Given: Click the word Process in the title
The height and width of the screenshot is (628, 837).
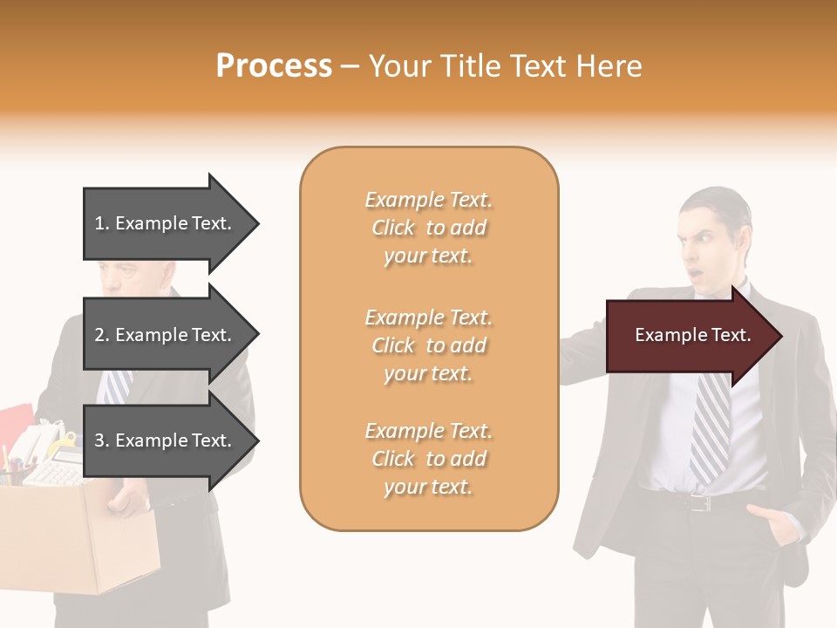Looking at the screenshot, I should click(274, 65).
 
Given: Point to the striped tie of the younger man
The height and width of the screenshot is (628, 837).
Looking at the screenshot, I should click(711, 427).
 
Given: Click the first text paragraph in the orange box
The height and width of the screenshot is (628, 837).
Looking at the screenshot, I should click(428, 228).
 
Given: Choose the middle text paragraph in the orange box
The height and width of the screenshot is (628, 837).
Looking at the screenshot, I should click(428, 345).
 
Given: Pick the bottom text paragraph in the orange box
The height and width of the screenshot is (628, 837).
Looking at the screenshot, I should click(428, 459).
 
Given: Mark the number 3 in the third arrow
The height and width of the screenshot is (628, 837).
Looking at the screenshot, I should click(99, 440).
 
